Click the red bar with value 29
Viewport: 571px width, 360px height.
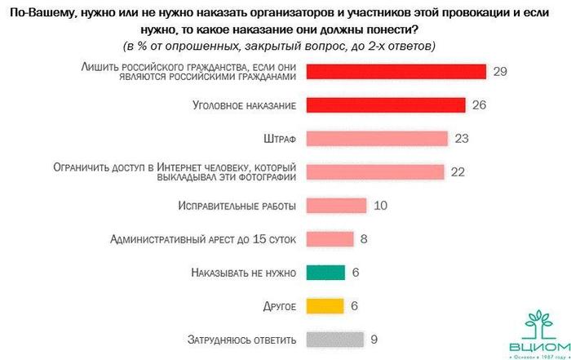tap(396, 71)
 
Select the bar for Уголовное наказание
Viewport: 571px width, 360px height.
tap(385, 104)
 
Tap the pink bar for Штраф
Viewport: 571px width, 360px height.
tap(377, 138)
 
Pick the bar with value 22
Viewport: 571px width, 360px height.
tap(374, 171)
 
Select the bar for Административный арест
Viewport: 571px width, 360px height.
tap(330, 238)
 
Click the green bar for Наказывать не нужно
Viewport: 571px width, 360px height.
tap(325, 272)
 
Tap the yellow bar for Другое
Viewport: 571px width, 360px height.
tap(325, 305)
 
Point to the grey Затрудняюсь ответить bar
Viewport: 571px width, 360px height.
tap(334, 339)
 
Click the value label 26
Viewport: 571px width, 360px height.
tap(480, 104)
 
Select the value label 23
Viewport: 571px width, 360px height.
tap(462, 138)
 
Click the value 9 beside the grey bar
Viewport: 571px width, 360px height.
tap(374, 339)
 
